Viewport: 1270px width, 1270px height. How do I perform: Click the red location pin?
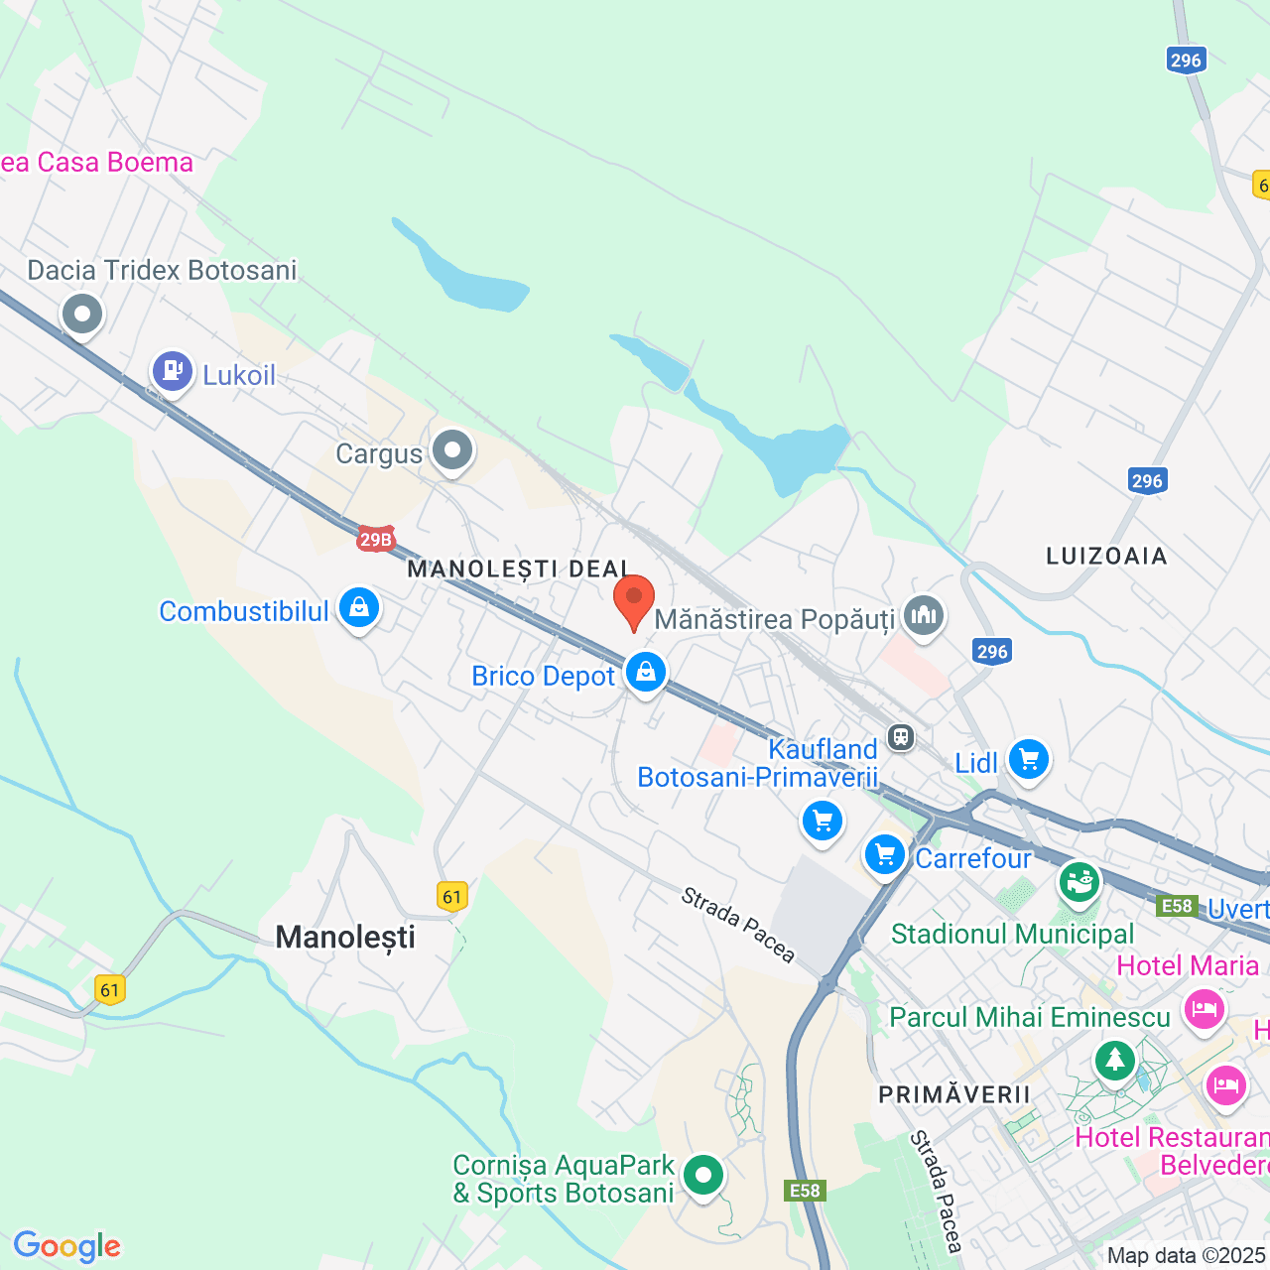pyautogui.click(x=634, y=599)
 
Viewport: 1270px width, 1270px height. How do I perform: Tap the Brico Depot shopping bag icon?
pyautogui.click(x=646, y=673)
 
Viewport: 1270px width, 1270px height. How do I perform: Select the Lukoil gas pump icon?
pyautogui.click(x=173, y=371)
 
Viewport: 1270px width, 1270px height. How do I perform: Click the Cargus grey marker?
pyautogui.click(x=453, y=450)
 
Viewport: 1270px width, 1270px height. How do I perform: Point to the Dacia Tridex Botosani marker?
pyautogui.click(x=82, y=315)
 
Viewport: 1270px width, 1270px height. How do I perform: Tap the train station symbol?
pyautogui.click(x=901, y=737)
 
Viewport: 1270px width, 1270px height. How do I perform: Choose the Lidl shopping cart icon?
pyautogui.click(x=1028, y=760)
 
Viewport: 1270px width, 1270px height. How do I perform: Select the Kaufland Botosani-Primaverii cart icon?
pyautogui.click(x=823, y=821)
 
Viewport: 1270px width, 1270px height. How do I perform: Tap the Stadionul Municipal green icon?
pyautogui.click(x=1079, y=880)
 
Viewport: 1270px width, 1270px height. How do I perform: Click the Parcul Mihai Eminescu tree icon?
pyautogui.click(x=1115, y=1060)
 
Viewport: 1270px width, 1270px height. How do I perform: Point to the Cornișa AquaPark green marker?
pyautogui.click(x=703, y=1175)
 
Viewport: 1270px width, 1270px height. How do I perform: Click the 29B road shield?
pyautogui.click(x=376, y=540)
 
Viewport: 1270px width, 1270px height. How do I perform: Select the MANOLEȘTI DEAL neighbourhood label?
pyautogui.click(x=519, y=569)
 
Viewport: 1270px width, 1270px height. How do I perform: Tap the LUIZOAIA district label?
pyautogui.click(x=1106, y=556)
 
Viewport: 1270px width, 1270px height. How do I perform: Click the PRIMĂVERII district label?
pyautogui.click(x=954, y=1094)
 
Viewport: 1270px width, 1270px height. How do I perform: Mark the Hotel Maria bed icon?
pyautogui.click(x=1205, y=1011)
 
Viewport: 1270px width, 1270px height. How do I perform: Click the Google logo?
pyautogui.click(x=67, y=1246)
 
